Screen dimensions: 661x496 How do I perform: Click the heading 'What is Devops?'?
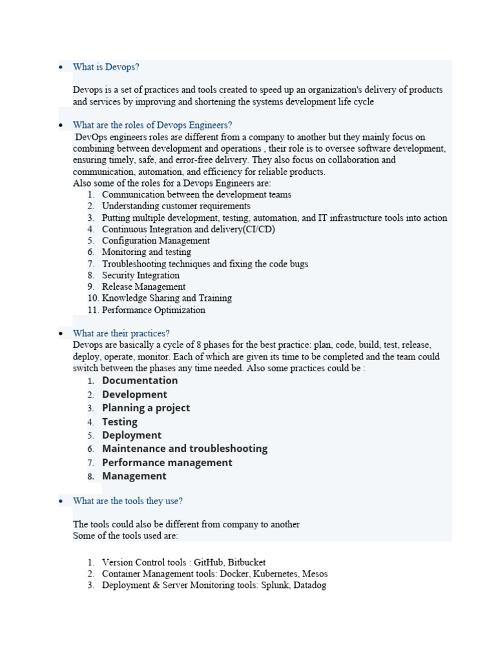tap(106, 67)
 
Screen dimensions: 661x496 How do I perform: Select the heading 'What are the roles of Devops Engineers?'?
tap(152, 125)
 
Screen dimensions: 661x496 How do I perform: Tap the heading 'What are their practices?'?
tap(121, 334)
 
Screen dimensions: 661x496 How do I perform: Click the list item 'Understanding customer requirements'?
tap(176, 207)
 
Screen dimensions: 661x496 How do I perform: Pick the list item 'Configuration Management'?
tap(156, 241)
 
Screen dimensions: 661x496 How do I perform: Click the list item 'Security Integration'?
tap(141, 276)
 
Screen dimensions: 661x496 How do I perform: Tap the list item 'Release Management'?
tap(143, 287)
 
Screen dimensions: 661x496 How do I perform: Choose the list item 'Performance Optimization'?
tap(154, 310)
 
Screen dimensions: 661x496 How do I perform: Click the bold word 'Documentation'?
tap(139, 381)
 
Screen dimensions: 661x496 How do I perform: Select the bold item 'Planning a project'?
tap(146, 408)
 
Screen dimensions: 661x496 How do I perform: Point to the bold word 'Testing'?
tap(119, 422)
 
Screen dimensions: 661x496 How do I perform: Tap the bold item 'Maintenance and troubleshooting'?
tap(185, 449)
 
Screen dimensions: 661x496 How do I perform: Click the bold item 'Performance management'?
tap(167, 463)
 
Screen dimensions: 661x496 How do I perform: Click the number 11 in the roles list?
tap(92, 310)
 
